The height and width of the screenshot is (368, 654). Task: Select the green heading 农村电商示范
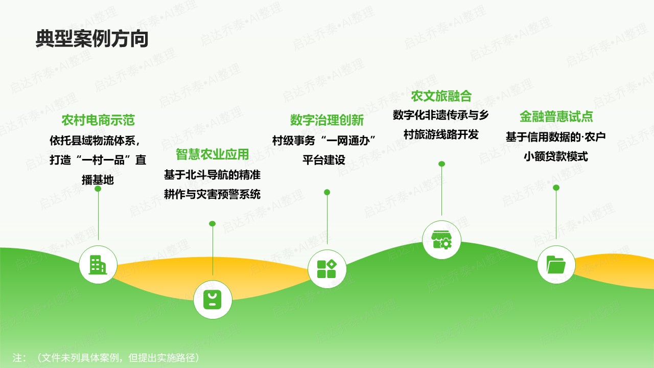point(98,121)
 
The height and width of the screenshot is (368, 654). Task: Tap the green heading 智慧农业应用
point(212,154)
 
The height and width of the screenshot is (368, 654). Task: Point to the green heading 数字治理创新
point(327,120)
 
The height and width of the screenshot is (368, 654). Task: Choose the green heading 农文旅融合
point(441,96)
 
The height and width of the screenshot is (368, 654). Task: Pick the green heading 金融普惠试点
point(556,117)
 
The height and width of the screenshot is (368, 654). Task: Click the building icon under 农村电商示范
point(98,265)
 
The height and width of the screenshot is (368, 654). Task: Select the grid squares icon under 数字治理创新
point(327,269)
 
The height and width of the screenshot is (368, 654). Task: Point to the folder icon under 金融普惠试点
point(556,265)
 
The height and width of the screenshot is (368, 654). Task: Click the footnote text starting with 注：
point(106,358)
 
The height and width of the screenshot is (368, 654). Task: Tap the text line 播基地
point(98,180)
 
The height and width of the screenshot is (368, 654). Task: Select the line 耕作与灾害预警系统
point(212,195)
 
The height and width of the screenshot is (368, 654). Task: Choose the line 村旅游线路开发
point(441,135)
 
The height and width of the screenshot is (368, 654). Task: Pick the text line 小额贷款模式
point(556,157)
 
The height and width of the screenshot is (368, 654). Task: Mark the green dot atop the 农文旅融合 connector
point(441,164)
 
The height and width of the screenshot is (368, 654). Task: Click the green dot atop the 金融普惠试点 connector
point(556,188)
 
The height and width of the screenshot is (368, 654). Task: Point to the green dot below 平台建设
point(327,192)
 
